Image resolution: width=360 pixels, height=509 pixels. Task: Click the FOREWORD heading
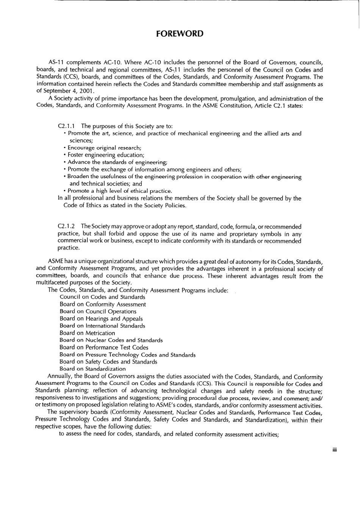(x=180, y=34)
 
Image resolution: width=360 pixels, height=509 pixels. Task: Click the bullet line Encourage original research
(x=104, y=148)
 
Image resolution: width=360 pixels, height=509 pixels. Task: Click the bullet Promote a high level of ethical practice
(x=120, y=191)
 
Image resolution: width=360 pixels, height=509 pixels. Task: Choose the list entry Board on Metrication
(x=87, y=333)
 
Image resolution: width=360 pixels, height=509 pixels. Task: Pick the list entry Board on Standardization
(x=92, y=368)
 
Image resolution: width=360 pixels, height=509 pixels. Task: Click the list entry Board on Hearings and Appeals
(x=101, y=319)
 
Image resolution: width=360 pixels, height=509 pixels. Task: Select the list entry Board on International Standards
(x=102, y=326)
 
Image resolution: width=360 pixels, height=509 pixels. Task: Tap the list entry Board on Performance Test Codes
(x=104, y=347)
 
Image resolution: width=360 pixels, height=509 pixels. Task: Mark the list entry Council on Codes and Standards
(x=102, y=297)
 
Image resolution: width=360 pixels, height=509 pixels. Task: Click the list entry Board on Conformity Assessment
(x=102, y=304)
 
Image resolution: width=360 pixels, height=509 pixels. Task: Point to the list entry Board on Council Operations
(x=98, y=311)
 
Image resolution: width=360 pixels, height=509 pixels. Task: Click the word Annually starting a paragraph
(x=59, y=376)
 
